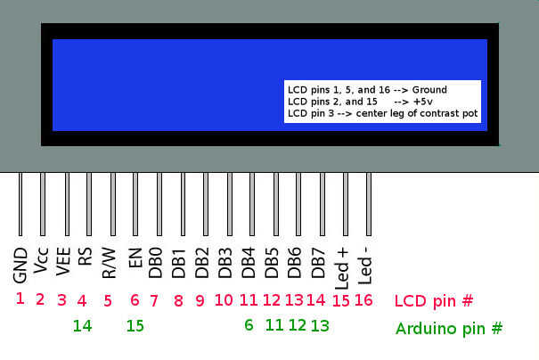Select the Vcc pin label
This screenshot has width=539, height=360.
point(42,265)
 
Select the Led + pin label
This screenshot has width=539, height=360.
point(344,265)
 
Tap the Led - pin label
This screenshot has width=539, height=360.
point(365,265)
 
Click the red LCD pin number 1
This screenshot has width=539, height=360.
point(20,299)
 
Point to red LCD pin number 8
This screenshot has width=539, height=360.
point(178,300)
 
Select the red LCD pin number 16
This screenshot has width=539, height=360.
point(363,300)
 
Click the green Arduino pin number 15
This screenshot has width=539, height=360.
point(135,326)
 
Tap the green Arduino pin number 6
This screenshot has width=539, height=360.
point(249,326)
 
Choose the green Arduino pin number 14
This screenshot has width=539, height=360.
point(82,326)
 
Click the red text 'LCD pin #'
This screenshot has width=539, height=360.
point(433,300)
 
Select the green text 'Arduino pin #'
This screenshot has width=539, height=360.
point(448,329)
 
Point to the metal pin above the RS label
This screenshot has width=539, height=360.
point(87,205)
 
